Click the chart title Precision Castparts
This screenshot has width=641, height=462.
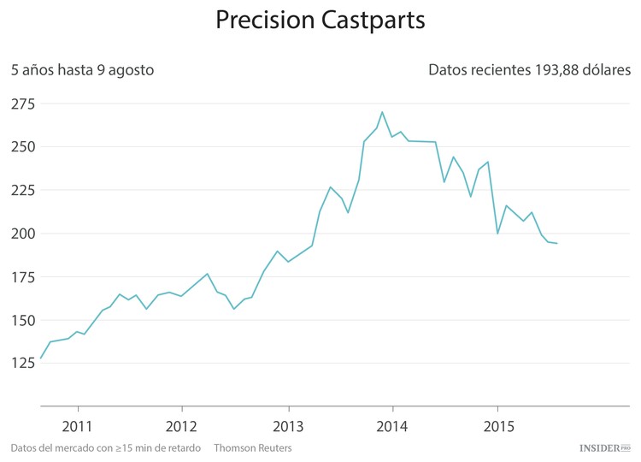(320, 21)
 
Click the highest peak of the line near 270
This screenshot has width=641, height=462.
(382, 112)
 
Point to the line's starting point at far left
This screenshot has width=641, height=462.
(41, 358)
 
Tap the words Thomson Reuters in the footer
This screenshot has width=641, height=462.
(253, 448)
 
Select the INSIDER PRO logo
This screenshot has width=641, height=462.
(604, 447)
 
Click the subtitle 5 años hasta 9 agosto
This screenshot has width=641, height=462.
(83, 70)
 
